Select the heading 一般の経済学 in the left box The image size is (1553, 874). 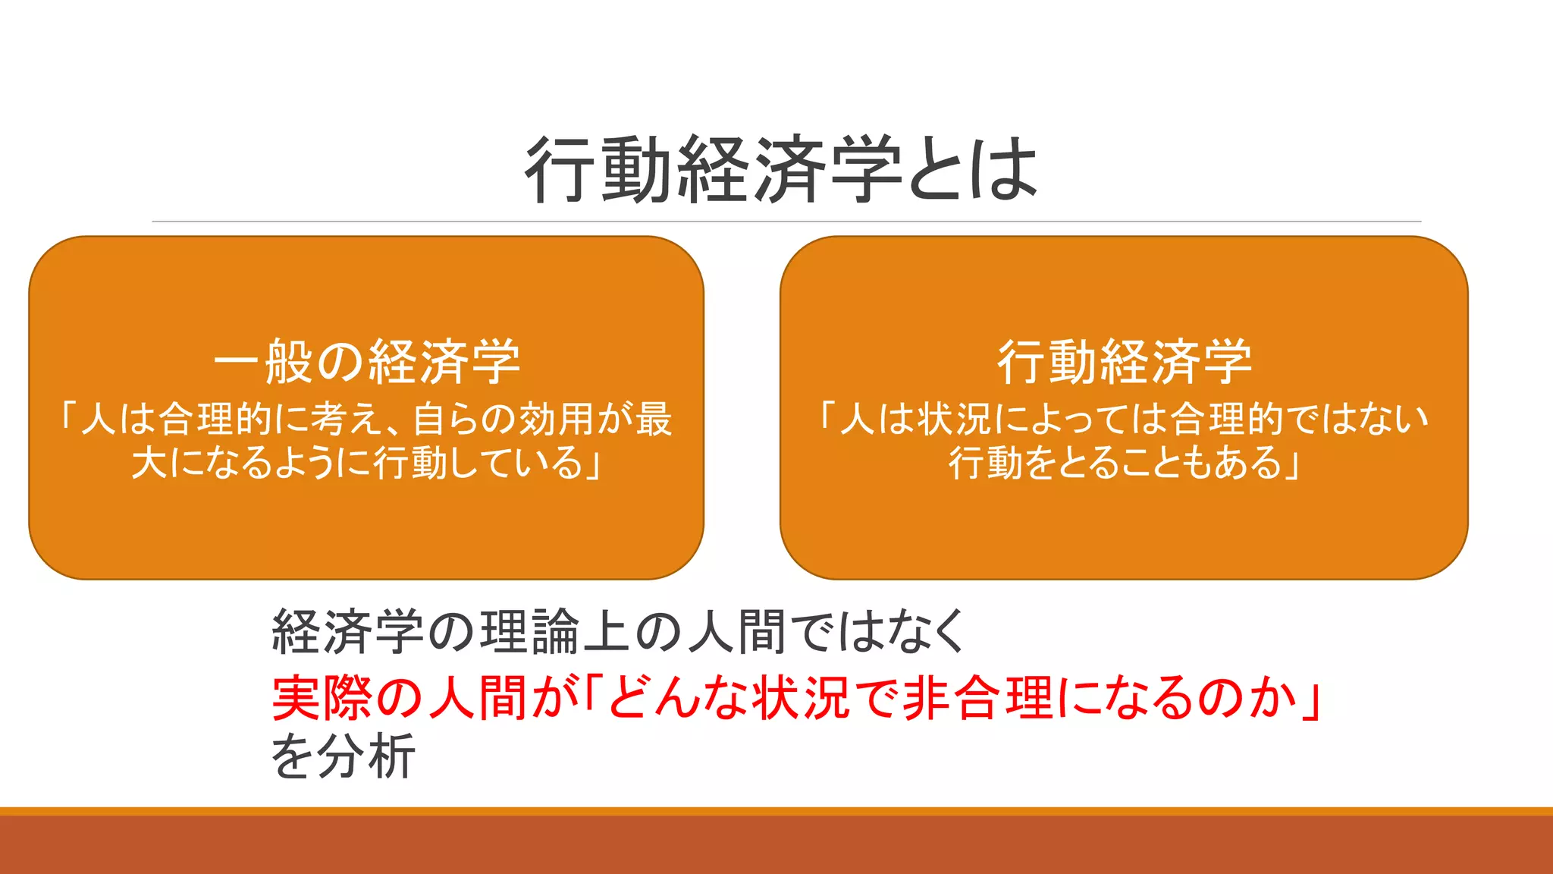click(x=367, y=362)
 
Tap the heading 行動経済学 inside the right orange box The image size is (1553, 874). click(x=1124, y=362)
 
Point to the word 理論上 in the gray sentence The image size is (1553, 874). click(x=557, y=632)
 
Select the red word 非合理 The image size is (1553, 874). click(x=978, y=697)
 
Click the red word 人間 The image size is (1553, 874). click(x=478, y=697)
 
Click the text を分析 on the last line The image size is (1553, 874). click(x=344, y=756)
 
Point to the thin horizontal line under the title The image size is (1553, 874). click(x=786, y=222)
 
